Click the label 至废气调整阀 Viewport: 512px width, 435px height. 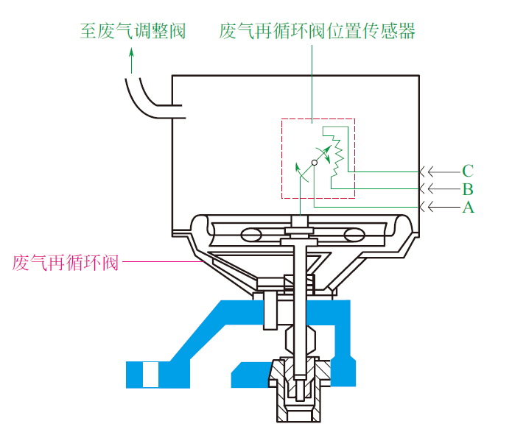point(133,32)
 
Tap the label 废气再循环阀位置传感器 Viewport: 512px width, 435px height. point(317,32)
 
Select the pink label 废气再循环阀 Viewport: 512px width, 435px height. point(66,263)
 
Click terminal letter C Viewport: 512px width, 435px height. point(468,171)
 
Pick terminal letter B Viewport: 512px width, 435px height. point(468,189)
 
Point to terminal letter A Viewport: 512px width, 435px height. point(468,207)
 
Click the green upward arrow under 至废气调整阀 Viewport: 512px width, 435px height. point(131,60)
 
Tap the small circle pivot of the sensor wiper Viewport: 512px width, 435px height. point(314,163)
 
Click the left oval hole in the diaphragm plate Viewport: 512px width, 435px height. point(251,235)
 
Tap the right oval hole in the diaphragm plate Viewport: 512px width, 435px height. point(354,235)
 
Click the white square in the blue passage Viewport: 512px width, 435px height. point(151,375)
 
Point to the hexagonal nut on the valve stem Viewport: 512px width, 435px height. point(301,340)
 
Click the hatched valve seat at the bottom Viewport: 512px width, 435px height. point(298,389)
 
